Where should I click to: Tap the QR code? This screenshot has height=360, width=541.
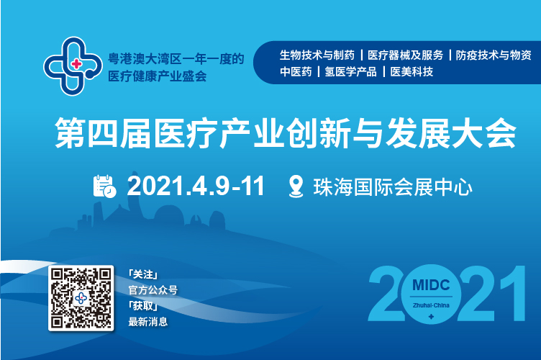click(x=81, y=298)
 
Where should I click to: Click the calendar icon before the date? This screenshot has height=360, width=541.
click(x=104, y=186)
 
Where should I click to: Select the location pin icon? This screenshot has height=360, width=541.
click(x=296, y=186)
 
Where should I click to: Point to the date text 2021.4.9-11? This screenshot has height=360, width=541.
click(x=196, y=186)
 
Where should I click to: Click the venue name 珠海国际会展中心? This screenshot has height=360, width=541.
click(x=393, y=187)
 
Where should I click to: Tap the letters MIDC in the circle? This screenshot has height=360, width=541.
click(x=431, y=285)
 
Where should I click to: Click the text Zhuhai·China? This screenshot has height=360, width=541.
click(x=431, y=305)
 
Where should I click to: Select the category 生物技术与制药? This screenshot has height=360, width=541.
click(x=317, y=55)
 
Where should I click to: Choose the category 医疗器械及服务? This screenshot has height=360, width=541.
click(x=406, y=55)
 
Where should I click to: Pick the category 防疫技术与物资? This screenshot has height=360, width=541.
click(x=494, y=55)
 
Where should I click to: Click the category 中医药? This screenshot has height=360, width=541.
click(x=296, y=71)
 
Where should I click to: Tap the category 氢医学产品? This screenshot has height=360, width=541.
click(x=350, y=71)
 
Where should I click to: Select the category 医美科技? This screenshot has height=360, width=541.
click(x=412, y=71)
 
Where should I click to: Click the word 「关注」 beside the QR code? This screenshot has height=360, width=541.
click(x=143, y=274)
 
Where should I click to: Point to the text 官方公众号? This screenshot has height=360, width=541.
click(x=153, y=290)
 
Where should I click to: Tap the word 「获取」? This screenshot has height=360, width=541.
click(x=143, y=306)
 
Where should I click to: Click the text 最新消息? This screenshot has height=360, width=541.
click(x=148, y=322)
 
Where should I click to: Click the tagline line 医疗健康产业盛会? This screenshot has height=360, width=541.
click(x=158, y=76)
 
